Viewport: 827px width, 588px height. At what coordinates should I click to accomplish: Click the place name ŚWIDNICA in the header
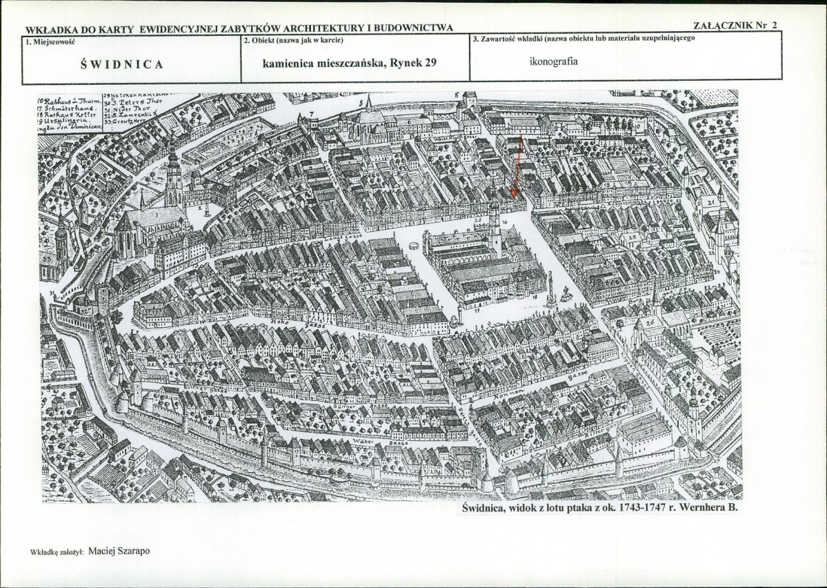tap(121, 64)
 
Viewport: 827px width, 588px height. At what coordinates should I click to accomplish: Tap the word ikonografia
tap(553, 61)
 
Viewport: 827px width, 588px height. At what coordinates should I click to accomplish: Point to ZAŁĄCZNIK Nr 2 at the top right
tap(735, 26)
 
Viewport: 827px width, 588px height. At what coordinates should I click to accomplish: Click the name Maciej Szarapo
tap(119, 551)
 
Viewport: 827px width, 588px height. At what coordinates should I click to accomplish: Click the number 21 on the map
tap(710, 203)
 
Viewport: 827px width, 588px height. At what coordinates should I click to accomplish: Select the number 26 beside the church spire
tap(650, 322)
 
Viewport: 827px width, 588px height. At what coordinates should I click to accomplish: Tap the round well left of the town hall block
tap(414, 246)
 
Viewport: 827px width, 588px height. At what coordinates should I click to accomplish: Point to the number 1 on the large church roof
tap(155, 215)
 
